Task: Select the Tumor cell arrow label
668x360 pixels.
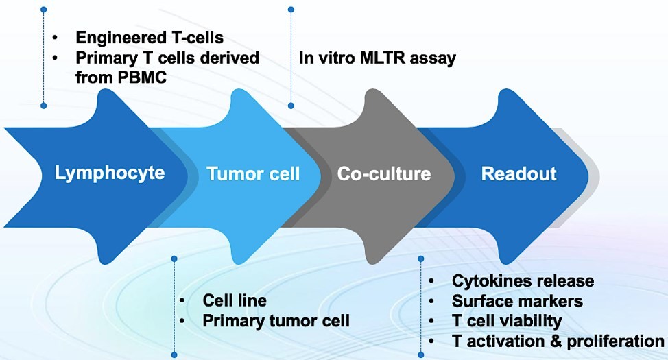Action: point(253,174)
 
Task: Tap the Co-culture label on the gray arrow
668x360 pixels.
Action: point(384,174)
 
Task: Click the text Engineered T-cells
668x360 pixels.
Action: point(150,37)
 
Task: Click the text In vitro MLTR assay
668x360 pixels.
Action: point(377,58)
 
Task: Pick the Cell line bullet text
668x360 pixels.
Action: point(235,300)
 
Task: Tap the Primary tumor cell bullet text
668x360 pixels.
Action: point(276,320)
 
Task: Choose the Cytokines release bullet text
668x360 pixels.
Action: point(523,280)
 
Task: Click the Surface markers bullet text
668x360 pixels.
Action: point(517,300)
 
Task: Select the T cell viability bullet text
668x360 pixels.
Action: point(507,320)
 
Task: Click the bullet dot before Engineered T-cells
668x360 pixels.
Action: point(56,38)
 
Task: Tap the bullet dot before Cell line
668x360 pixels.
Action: point(182,301)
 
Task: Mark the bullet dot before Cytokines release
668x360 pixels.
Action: point(431,281)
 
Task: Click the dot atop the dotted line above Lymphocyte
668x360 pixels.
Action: point(43,10)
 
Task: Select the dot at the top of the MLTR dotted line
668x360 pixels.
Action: point(291,10)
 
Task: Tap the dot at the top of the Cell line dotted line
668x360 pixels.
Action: point(174,259)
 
